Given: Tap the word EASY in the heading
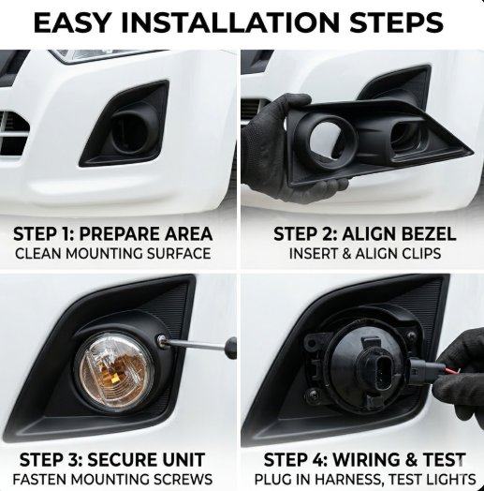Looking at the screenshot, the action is pyautogui.click(x=72, y=22).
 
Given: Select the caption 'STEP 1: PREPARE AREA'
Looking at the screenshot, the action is pyautogui.click(x=113, y=234).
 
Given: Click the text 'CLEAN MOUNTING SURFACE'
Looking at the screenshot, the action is pyautogui.click(x=113, y=254).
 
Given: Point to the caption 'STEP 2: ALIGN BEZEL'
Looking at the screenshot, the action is pyautogui.click(x=365, y=234).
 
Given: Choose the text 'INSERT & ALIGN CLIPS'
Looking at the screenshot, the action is pyautogui.click(x=365, y=254).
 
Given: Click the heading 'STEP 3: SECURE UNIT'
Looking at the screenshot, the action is pyautogui.click(x=112, y=460).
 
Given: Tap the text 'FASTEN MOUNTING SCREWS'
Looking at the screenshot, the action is pyautogui.click(x=112, y=480).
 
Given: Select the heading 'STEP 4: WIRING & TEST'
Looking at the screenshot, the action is pyautogui.click(x=365, y=460).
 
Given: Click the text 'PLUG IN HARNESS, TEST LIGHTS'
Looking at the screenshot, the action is pyautogui.click(x=365, y=480).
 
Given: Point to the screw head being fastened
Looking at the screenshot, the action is pyautogui.click(x=161, y=340).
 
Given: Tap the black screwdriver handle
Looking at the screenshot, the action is pyautogui.click(x=231, y=348).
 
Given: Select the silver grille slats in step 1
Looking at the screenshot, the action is pyautogui.click(x=12, y=135).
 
